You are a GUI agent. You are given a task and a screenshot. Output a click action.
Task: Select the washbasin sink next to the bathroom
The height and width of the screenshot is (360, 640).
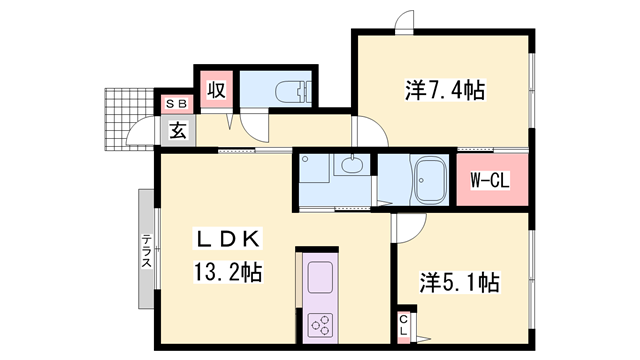click(350, 167)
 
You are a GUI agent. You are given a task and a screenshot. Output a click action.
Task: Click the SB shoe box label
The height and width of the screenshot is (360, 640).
click(177, 103)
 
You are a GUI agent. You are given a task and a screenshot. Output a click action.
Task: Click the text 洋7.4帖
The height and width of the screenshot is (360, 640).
click(445, 91)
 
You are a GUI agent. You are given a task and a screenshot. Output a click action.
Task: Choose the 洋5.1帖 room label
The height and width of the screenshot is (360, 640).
click(459, 282)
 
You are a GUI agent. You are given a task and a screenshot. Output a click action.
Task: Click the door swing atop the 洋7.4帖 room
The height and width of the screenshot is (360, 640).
click(404, 21)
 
